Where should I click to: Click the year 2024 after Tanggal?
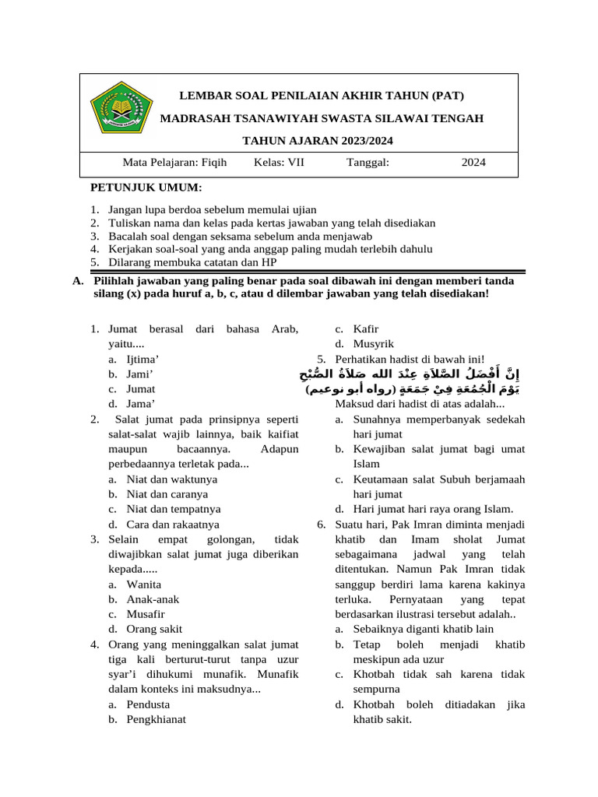[x=473, y=163]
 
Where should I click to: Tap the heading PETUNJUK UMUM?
[x=146, y=188]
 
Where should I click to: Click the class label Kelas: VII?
[x=279, y=163]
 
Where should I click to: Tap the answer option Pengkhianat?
[x=156, y=719]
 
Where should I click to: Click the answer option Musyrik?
[x=374, y=343]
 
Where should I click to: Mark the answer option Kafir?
[x=367, y=328]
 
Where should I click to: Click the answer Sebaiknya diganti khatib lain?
[x=424, y=629]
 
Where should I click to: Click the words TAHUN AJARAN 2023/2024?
[x=318, y=141]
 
